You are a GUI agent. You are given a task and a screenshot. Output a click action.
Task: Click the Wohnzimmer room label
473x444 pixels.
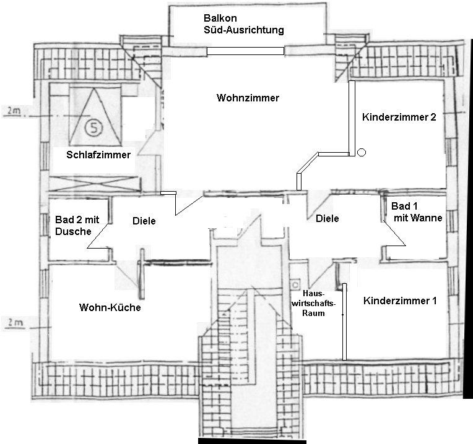click(x=248, y=98)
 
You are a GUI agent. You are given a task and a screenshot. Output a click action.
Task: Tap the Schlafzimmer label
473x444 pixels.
click(x=98, y=155)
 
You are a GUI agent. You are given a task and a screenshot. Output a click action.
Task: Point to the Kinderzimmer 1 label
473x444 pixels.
click(x=400, y=301)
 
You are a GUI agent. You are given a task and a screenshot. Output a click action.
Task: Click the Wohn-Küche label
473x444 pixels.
click(x=110, y=307)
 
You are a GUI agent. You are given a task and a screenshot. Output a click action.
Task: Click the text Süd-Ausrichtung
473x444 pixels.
click(x=243, y=30)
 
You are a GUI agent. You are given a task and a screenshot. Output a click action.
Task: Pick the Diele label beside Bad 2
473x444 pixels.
click(x=144, y=221)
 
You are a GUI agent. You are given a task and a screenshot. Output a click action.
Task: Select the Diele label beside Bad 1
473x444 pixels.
click(x=327, y=218)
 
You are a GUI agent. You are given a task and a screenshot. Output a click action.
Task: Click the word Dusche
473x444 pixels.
click(x=73, y=231)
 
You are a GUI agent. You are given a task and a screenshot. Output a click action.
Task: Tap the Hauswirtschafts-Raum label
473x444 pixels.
click(x=318, y=303)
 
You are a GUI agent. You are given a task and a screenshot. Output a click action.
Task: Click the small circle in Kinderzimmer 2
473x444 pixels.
click(x=362, y=152)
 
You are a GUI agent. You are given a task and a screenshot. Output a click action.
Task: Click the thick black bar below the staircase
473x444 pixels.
click(x=251, y=442)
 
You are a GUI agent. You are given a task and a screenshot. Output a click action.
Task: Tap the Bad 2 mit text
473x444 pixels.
click(x=79, y=220)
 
